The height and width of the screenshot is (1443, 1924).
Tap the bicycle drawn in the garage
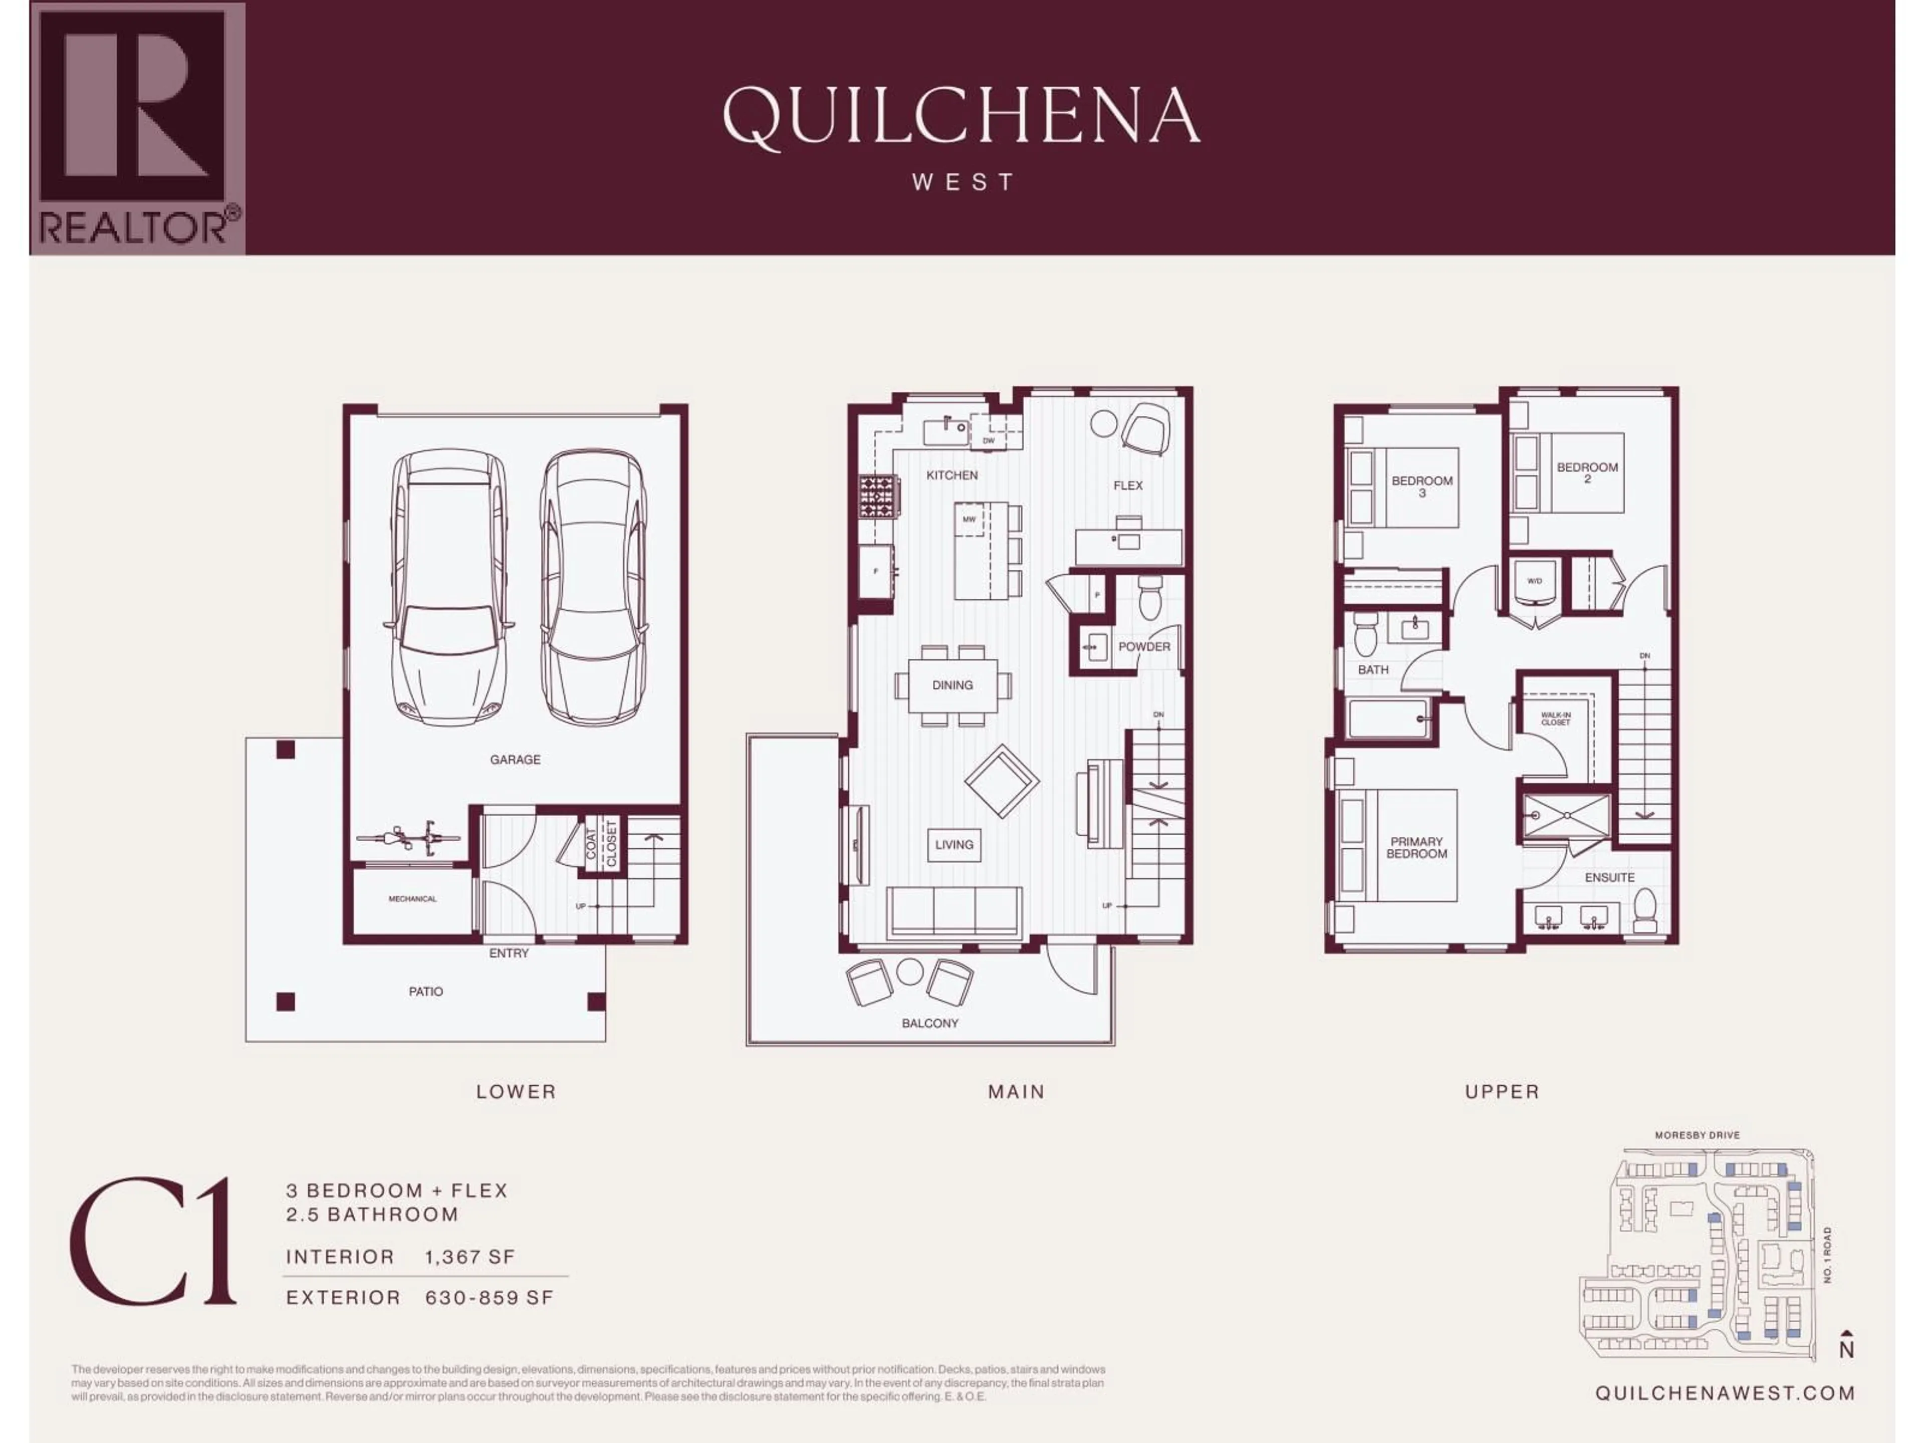coord(408,838)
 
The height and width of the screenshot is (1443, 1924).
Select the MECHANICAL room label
coord(412,898)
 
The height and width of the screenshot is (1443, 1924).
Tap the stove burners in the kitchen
coord(878,497)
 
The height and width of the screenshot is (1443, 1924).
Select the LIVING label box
coord(954,845)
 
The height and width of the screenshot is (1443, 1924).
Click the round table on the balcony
coord(910,972)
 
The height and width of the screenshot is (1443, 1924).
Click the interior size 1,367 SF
coord(469,1257)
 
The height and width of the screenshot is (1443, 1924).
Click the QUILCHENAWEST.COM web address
coord(1724,1392)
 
